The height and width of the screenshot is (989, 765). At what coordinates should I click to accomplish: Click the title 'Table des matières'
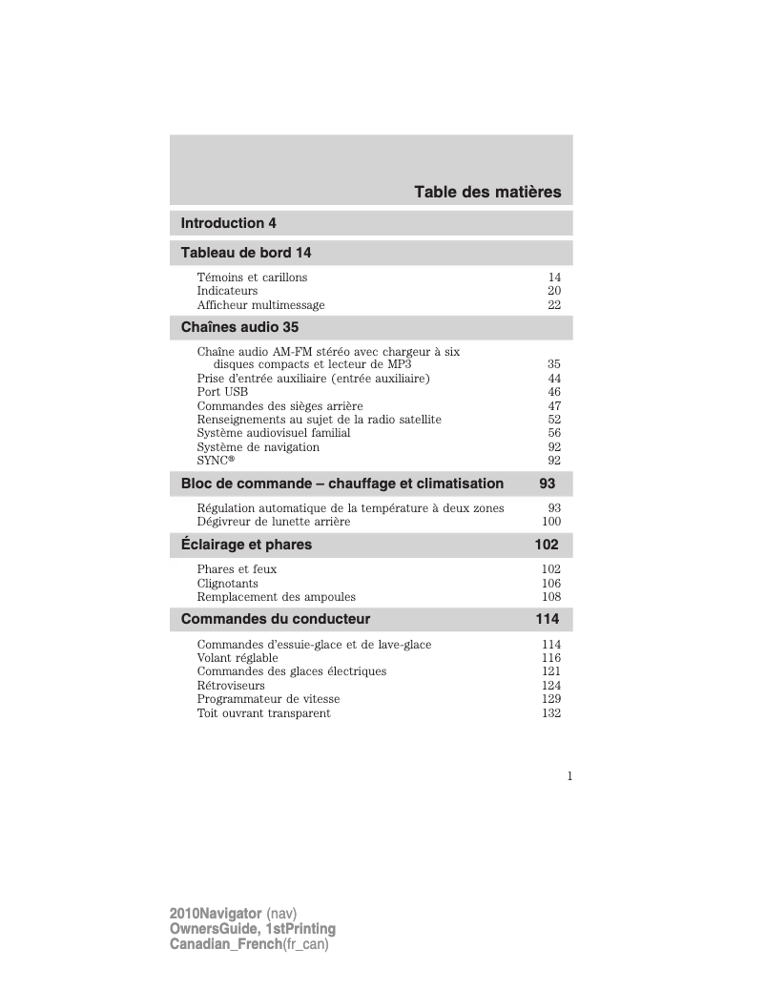pyautogui.click(x=487, y=193)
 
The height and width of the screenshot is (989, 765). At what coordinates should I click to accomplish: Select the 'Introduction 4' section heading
pyautogui.click(x=229, y=223)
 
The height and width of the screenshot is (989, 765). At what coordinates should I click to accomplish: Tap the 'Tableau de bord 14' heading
pyautogui.click(x=246, y=253)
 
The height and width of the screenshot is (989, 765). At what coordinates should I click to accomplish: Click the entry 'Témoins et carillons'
pyautogui.click(x=252, y=278)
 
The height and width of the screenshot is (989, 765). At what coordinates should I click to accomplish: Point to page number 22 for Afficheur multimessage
pyautogui.click(x=553, y=305)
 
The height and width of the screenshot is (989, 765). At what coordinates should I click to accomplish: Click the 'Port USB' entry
pyautogui.click(x=222, y=392)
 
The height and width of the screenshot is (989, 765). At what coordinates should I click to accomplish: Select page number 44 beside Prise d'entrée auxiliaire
pyautogui.click(x=553, y=379)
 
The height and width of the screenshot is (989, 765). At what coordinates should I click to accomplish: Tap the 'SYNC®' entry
pyautogui.click(x=215, y=461)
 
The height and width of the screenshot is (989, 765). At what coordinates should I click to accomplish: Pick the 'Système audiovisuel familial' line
pyautogui.click(x=274, y=433)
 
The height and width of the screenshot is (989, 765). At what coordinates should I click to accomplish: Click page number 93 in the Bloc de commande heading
pyautogui.click(x=548, y=484)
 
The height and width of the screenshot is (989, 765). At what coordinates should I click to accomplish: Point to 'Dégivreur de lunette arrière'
pyautogui.click(x=274, y=522)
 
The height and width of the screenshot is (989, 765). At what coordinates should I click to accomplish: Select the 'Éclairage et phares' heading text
pyautogui.click(x=246, y=545)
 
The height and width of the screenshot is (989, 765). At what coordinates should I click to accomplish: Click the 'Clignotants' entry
pyautogui.click(x=227, y=584)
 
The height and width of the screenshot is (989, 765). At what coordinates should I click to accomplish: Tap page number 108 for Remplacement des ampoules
pyautogui.click(x=550, y=597)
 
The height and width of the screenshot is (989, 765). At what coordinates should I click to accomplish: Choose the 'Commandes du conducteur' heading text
pyautogui.click(x=276, y=619)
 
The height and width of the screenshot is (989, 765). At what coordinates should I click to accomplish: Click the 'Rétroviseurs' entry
pyautogui.click(x=231, y=686)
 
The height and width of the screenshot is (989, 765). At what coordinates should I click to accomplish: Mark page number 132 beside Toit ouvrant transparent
pyautogui.click(x=550, y=713)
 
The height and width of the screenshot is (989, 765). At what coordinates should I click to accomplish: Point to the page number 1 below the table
pyautogui.click(x=569, y=775)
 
